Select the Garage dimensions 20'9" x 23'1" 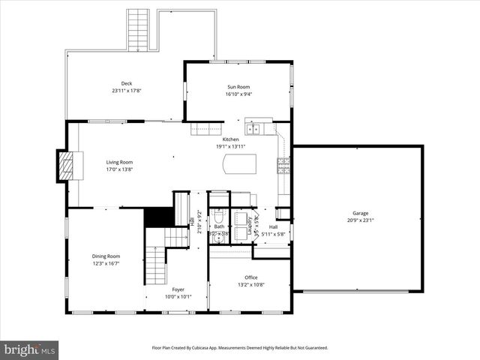[361, 220]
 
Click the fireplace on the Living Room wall [67, 166]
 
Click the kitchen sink [253, 129]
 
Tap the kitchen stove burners [283, 163]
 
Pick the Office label [250, 277]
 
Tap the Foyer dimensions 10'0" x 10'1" [178, 296]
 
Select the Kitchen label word [230, 139]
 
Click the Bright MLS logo [30, 349]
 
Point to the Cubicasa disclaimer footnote [240, 348]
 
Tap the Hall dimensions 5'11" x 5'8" [273, 233]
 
